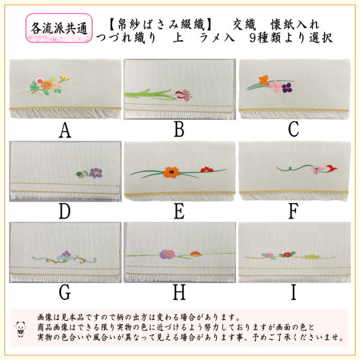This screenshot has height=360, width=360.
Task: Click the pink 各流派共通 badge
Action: point(59,28)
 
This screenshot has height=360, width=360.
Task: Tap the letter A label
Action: point(65,130)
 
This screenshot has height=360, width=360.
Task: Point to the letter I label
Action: point(294,292)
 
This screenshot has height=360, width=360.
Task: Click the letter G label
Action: point(65,292)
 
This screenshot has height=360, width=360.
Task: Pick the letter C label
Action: point(294,130)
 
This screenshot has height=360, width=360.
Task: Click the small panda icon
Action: point(21,329)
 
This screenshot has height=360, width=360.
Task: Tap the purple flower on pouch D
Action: point(96,173)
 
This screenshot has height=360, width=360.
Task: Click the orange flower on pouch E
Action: point(171,172)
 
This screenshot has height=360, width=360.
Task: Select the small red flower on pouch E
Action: point(207,170)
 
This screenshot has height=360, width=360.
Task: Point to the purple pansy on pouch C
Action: point(287,88)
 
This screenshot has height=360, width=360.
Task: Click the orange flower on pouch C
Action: point(264,80)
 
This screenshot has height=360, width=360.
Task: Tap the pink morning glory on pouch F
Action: point(317,170)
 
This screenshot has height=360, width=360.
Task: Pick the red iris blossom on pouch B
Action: point(184,95)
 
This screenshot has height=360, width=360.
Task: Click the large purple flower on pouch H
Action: point(167,255)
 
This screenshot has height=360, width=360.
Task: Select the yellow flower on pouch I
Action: point(312,257)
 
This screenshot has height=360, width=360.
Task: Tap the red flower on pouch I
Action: point(287,255)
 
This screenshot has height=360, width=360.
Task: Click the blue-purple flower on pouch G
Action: point(65,257)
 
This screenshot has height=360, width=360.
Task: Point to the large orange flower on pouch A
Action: point(47,85)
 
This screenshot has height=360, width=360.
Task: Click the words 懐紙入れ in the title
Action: point(295,25)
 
